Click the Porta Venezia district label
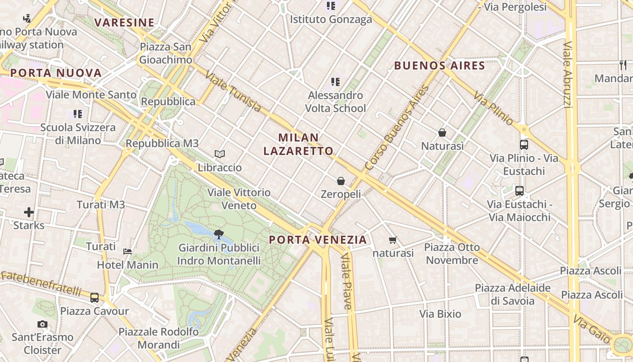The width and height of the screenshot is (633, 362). click(317, 240)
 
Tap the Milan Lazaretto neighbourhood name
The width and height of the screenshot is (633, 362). click(298, 144)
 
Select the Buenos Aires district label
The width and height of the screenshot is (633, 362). click(439, 66)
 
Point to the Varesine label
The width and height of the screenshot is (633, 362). click(124, 23)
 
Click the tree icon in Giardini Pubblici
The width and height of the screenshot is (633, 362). click(219, 234)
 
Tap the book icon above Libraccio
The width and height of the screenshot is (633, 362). click(220, 154)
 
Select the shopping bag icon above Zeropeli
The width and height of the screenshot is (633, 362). click(341, 181)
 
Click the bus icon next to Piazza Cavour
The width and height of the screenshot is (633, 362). click(94, 298)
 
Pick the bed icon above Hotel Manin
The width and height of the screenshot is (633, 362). click(128, 251)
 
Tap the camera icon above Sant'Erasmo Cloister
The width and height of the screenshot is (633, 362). click(43, 324)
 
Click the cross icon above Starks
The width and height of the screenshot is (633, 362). click(29, 212)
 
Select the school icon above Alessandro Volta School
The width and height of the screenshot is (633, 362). click(335, 82)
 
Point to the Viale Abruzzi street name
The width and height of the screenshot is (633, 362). click(568, 75)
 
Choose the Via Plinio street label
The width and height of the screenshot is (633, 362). click(494, 108)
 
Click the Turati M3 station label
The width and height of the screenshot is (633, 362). click(100, 205)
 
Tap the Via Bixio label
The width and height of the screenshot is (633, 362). click(440, 314)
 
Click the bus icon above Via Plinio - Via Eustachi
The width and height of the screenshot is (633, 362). click(524, 145)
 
